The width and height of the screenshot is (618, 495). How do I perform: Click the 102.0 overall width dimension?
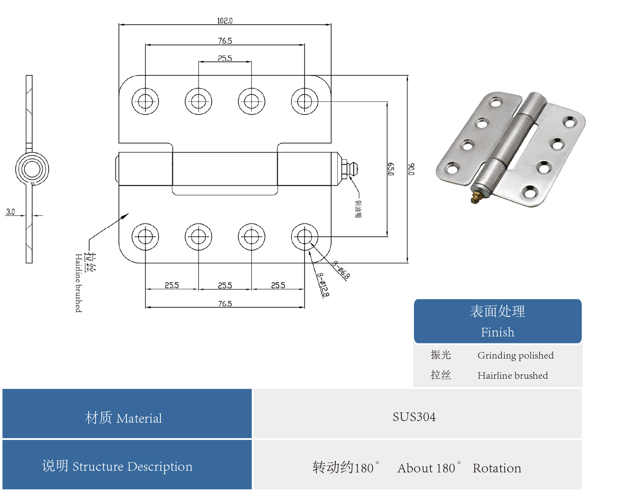224,21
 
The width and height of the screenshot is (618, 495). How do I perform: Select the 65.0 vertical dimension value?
391,169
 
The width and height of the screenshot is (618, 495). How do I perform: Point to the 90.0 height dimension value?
411,169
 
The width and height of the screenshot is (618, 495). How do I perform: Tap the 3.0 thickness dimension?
10,212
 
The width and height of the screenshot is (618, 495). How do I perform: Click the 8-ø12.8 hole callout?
323,285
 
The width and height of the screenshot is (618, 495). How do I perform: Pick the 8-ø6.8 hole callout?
341,270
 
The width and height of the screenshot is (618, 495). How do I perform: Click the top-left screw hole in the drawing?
145,101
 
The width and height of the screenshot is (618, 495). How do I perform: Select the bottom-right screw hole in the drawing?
304,237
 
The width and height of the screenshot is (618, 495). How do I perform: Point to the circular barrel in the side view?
32,169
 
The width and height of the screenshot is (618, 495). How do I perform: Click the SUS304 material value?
414,417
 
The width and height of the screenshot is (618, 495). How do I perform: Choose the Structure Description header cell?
117,466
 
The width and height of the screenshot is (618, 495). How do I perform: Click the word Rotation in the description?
497,468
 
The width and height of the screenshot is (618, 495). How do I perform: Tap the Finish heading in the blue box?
497,332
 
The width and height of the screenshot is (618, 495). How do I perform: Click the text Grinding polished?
515,355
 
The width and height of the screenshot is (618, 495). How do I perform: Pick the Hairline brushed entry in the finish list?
513,375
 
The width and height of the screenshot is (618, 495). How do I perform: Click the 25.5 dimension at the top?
225,58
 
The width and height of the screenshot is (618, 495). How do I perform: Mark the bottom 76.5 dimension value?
225,304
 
